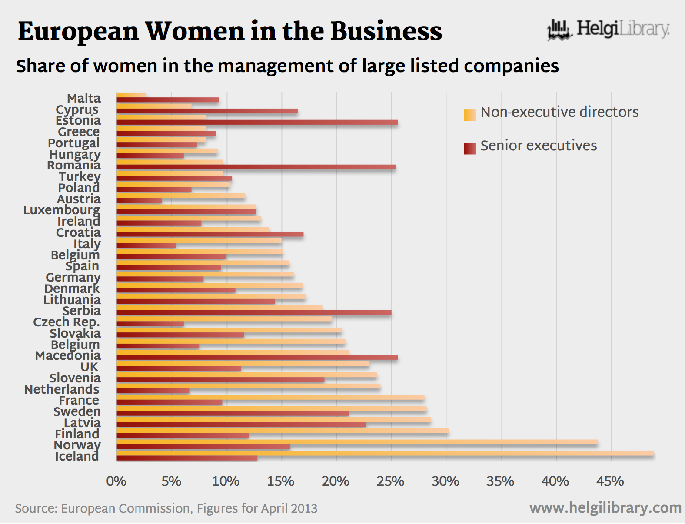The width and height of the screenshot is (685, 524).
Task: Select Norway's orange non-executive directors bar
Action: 357,442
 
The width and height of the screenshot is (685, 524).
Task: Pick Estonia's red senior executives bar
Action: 257,123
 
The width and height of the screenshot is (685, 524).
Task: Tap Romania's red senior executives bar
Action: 256,167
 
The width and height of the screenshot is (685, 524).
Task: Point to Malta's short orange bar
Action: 131,95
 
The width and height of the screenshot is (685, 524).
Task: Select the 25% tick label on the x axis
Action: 390,481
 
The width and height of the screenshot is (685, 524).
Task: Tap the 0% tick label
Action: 116,481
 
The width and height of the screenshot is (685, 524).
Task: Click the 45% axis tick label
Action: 610,481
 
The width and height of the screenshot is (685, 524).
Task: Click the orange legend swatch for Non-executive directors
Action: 469,115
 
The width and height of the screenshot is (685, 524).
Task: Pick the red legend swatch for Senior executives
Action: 469,149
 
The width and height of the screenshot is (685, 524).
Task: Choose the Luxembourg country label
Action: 62,210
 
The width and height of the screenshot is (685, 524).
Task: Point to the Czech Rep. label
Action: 67,322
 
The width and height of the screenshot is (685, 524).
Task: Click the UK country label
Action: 90,367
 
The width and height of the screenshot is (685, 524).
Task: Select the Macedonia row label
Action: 68,356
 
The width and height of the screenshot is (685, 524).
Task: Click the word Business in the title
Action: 386,32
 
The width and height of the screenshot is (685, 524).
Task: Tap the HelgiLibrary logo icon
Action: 559,30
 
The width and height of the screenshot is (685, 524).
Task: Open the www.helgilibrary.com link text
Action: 605,508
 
